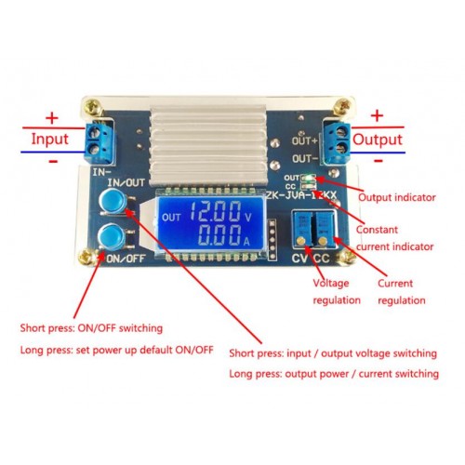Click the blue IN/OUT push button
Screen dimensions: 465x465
pyautogui.click(x=113, y=202)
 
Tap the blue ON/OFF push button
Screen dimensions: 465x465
pyautogui.click(x=112, y=237)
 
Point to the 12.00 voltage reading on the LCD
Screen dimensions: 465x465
pyautogui.click(x=216, y=211)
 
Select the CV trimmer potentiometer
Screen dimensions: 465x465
pyautogui.click(x=302, y=230)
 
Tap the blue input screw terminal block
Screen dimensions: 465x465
pyautogui.click(x=100, y=143)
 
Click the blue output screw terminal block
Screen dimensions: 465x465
pyautogui.click(x=337, y=143)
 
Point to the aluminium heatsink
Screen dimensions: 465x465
pyautogui.click(x=208, y=144)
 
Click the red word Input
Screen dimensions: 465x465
pyautogui.click(x=50, y=139)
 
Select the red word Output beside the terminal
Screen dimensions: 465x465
pyautogui.click(x=378, y=139)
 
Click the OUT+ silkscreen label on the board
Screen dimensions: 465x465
pyautogui.click(x=305, y=141)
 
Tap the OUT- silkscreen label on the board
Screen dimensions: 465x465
pyautogui.click(x=305, y=159)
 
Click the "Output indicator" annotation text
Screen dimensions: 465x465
pyautogui.click(x=397, y=197)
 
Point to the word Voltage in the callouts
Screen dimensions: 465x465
pyautogui.click(x=331, y=283)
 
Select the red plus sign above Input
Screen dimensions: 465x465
pyautogui.click(x=52, y=118)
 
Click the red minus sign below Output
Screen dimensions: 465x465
pyautogui.click(x=379, y=161)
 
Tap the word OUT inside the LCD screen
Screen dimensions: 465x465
pyautogui.click(x=171, y=218)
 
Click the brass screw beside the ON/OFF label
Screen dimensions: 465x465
pyautogui.click(x=86, y=258)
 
